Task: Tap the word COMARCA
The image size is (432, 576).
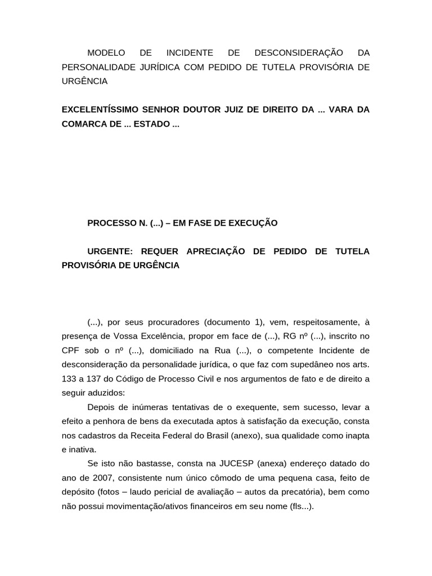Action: [x=81, y=124]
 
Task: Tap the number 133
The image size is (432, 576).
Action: [x=69, y=379]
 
